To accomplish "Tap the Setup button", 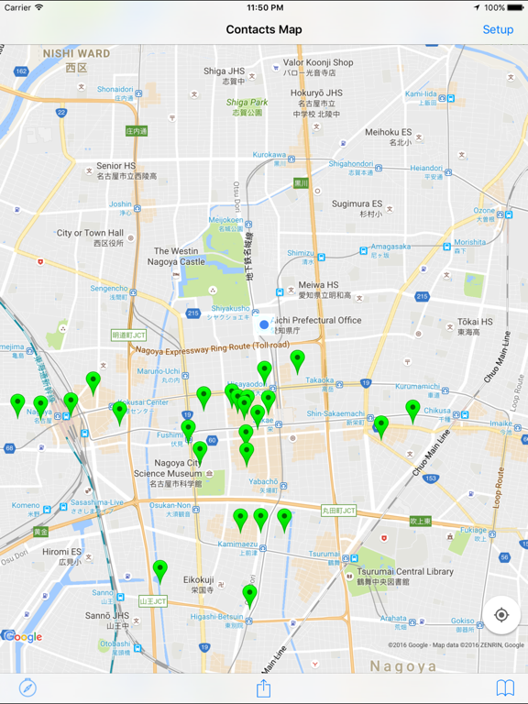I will pyautogui.click(x=498, y=29).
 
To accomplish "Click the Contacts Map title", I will pyautogui.click(x=264, y=29).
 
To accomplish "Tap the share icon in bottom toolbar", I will pyautogui.click(x=264, y=687).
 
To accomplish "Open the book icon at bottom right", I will pyautogui.click(x=505, y=687).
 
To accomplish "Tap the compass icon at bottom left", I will pyautogui.click(x=27, y=687).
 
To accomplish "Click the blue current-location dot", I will pyautogui.click(x=265, y=324).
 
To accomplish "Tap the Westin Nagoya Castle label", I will pyautogui.click(x=179, y=256).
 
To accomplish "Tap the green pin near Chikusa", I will pyautogui.click(x=413, y=409).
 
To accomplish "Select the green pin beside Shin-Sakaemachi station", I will pyautogui.click(x=381, y=425).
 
